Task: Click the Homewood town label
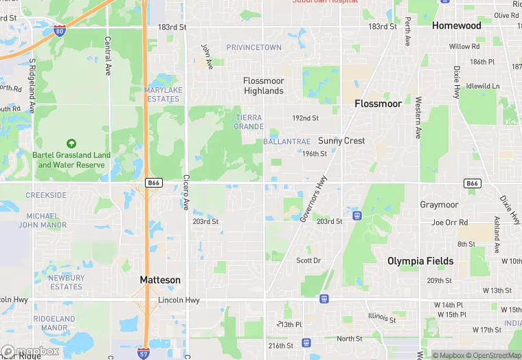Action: click(x=456, y=25)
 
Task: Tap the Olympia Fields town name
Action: click(x=420, y=261)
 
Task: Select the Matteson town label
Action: click(x=160, y=280)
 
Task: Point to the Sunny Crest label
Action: click(x=341, y=141)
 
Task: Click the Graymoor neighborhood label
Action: click(x=439, y=205)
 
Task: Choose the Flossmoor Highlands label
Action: click(x=263, y=86)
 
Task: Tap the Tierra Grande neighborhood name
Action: click(x=249, y=122)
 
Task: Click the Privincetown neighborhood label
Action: click(x=254, y=47)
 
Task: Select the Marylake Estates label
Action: click(x=163, y=94)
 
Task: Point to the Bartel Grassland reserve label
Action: click(x=71, y=159)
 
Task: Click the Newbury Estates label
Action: click(x=67, y=282)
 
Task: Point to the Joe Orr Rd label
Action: click(x=449, y=223)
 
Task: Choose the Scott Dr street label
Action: click(x=308, y=260)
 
